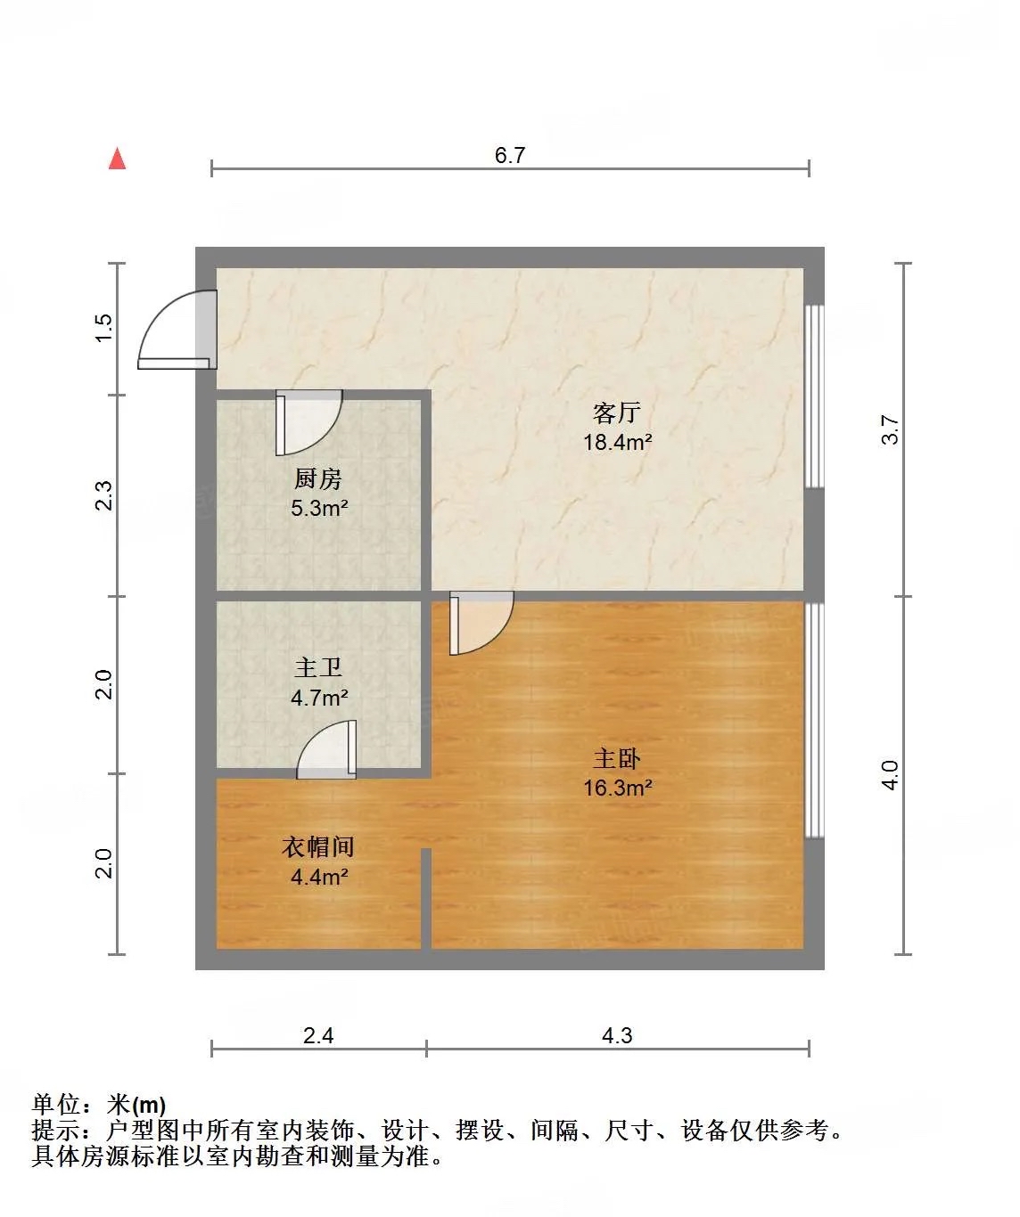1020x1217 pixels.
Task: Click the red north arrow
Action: point(117,159)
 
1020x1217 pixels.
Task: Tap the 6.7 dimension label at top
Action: point(510,155)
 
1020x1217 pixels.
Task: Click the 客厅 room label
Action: point(616,412)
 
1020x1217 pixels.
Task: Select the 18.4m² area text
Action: point(618,443)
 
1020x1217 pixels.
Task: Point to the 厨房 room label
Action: point(317,479)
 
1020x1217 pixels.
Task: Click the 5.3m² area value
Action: point(319,508)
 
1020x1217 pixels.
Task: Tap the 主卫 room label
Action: point(317,668)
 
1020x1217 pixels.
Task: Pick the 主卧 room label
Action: point(617,758)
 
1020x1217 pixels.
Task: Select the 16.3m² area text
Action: point(618,788)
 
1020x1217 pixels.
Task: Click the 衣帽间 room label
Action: point(318,847)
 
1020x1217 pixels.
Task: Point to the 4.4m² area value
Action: point(319,877)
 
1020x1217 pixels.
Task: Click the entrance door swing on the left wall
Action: point(175,330)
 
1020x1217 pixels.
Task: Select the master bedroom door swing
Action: point(481,623)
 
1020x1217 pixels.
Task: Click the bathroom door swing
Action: point(326,749)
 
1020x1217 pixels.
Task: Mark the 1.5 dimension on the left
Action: point(103,328)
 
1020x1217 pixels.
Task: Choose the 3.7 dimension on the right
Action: point(890,429)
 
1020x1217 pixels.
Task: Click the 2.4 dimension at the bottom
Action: point(318,1035)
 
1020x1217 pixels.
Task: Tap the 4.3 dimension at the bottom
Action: point(617,1035)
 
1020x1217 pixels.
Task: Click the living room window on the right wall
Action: point(814,396)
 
